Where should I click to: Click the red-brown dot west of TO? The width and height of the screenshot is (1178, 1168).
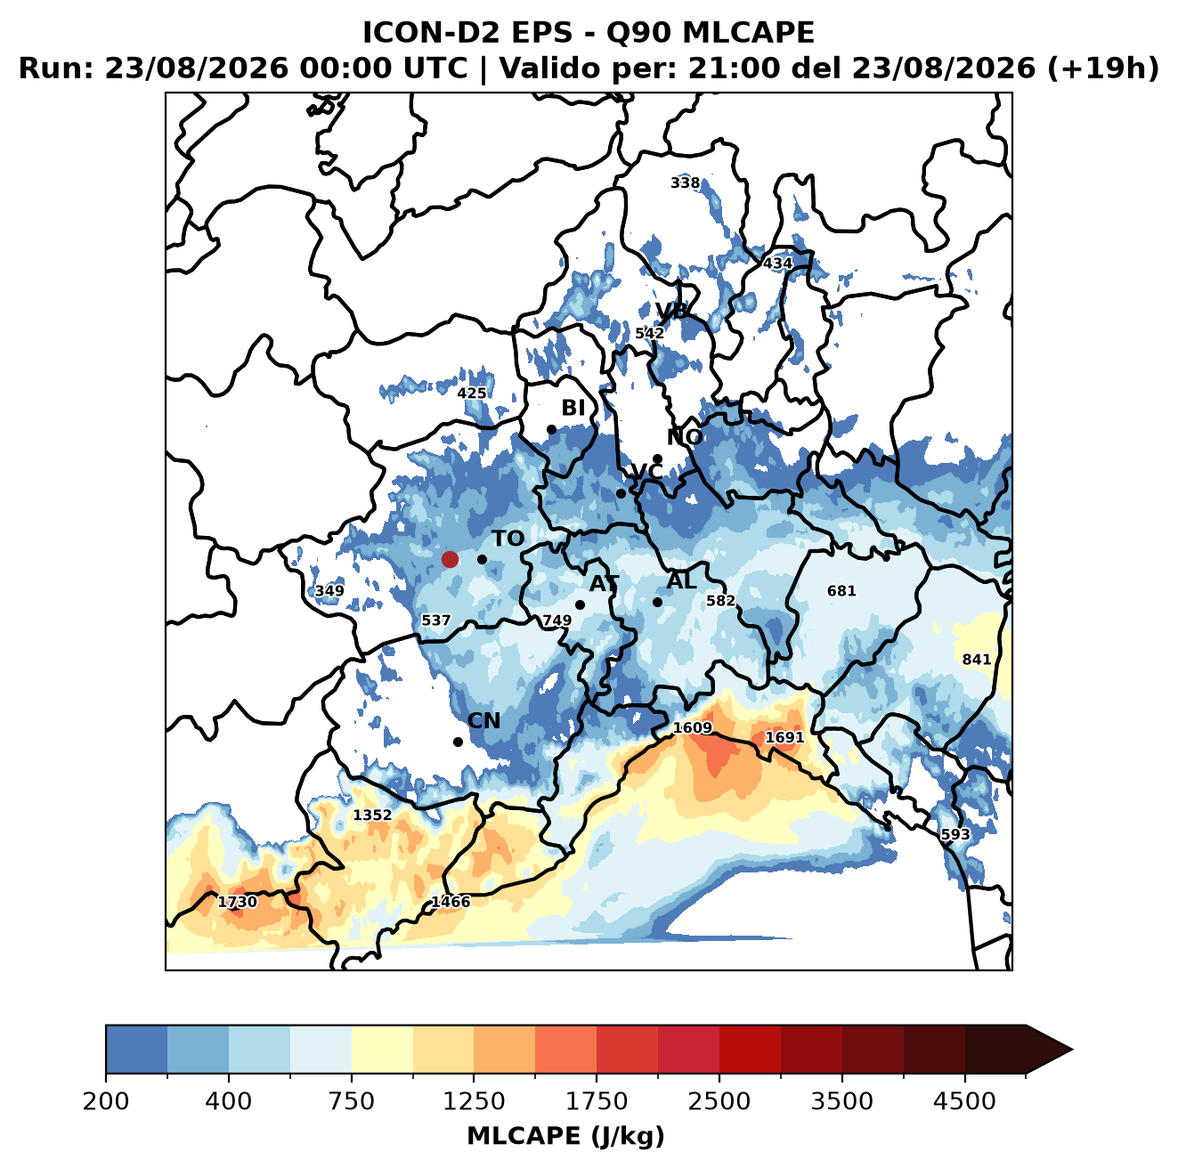click(x=450, y=559)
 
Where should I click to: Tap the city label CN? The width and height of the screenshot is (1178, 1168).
click(x=483, y=720)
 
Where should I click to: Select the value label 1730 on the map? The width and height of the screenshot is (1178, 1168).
click(x=237, y=902)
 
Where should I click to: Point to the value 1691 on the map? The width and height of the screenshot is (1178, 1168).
click(x=784, y=737)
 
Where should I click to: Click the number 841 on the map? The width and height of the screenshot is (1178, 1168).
click(x=976, y=659)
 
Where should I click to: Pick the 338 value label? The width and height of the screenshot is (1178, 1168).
click(x=685, y=182)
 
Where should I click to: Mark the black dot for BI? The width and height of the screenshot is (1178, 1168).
click(x=551, y=430)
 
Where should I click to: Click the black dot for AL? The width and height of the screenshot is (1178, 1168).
click(x=657, y=602)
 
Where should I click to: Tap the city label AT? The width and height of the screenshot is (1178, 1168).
click(x=604, y=584)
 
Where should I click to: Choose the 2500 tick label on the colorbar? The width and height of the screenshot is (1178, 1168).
click(x=719, y=1101)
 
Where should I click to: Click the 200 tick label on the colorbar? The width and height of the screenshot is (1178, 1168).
click(x=106, y=1101)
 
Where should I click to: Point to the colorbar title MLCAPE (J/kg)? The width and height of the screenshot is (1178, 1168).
click(x=565, y=1136)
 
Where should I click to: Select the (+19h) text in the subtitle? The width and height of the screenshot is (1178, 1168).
click(x=1103, y=68)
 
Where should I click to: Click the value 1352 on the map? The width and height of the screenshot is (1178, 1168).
click(x=372, y=815)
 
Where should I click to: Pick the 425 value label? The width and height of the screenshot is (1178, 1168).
click(x=472, y=393)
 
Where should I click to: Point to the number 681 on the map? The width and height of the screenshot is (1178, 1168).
click(x=841, y=590)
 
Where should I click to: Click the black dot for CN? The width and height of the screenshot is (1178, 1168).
click(x=458, y=742)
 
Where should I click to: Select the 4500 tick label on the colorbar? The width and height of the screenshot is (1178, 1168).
click(x=964, y=1101)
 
